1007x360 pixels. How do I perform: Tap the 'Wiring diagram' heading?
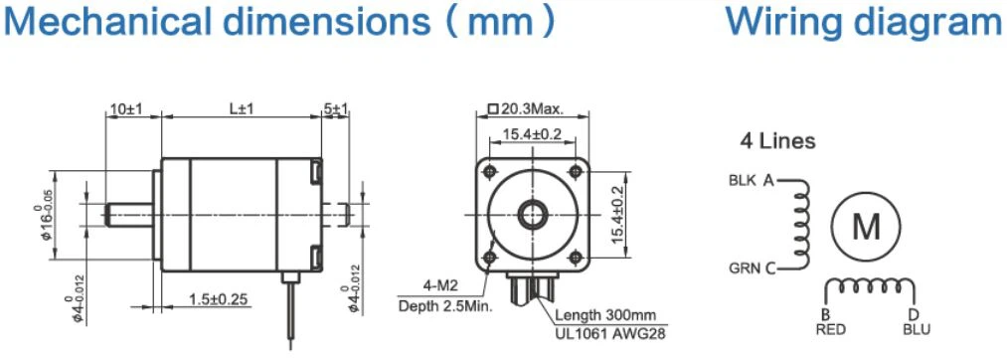866,22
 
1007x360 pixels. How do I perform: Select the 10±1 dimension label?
125,109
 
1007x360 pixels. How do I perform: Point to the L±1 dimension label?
242,109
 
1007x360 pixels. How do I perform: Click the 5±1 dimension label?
336,109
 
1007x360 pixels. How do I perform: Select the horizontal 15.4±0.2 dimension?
532,133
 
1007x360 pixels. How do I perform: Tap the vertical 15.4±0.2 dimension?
617,215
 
